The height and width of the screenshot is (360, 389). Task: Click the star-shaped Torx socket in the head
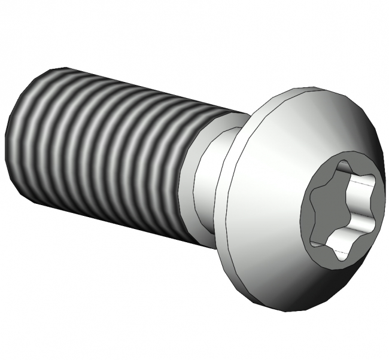pos(341,209)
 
